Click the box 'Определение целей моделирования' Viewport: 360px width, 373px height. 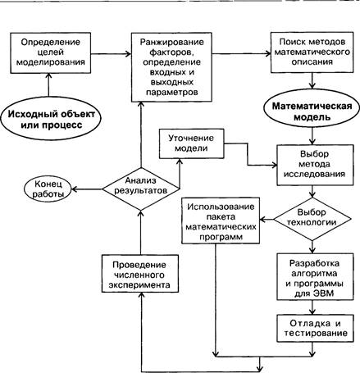click(x=51, y=53)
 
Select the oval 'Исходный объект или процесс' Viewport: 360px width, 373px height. click(x=51, y=119)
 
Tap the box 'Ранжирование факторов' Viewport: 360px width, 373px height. click(x=171, y=67)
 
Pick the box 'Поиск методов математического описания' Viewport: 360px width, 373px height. click(x=312, y=52)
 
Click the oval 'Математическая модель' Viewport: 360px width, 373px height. click(x=312, y=111)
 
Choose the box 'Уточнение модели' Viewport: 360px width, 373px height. click(x=191, y=143)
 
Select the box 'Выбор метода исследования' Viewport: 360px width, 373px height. click(x=315, y=165)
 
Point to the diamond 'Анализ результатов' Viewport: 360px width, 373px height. click(x=141, y=189)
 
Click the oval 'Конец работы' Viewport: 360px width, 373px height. click(x=48, y=189)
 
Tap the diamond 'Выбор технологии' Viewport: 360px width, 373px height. click(x=312, y=219)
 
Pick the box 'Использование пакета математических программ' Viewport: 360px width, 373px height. click(x=221, y=221)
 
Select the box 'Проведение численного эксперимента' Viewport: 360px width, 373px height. click(x=140, y=274)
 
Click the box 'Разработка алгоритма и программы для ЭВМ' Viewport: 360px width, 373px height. click(x=315, y=276)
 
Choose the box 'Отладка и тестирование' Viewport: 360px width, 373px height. click(x=315, y=328)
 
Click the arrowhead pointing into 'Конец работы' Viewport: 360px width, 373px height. click(x=74, y=189)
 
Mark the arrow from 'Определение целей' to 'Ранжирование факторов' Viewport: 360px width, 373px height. click(x=111, y=54)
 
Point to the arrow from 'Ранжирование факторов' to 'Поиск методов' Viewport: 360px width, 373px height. click(x=241, y=54)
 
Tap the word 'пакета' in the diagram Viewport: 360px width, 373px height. click(x=221, y=217)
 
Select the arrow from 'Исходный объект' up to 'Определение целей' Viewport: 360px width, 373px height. click(x=49, y=85)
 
